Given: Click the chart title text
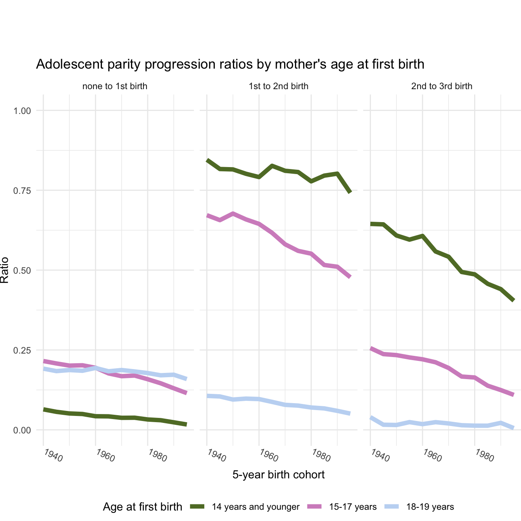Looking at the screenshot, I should click(230, 64).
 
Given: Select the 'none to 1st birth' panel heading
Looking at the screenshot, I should click(115, 86).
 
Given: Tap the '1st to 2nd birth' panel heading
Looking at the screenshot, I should click(278, 86).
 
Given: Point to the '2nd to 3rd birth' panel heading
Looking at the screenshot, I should click(442, 86).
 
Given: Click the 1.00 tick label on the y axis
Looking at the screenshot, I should click(22, 111).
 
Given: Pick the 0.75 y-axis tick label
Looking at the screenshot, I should click(22, 190).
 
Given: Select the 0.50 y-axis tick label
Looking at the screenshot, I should click(22, 270).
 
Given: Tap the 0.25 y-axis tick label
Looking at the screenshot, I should click(22, 350).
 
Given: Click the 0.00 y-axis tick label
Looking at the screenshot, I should click(22, 430).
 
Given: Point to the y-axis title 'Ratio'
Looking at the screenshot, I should click(5, 270).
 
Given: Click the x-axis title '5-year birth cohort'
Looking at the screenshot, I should click(278, 474).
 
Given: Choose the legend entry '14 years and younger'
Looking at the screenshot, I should click(255, 507).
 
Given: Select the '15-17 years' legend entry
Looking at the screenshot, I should click(353, 507).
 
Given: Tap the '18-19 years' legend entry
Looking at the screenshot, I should click(430, 507).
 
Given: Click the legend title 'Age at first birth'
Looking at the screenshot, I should click(142, 507).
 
